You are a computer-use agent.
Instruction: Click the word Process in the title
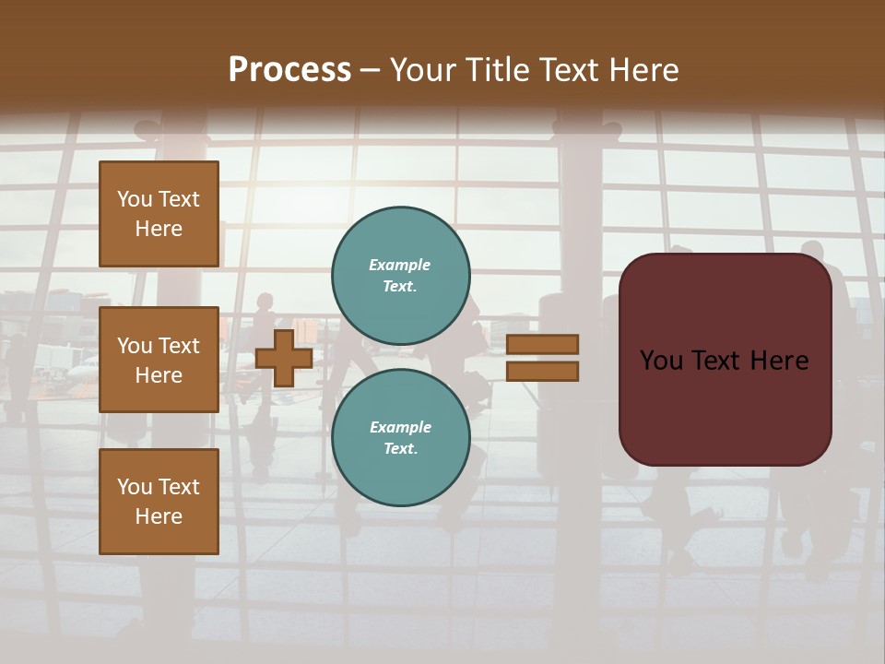pyautogui.click(x=289, y=70)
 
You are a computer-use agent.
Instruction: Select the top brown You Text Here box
pyautogui.click(x=159, y=214)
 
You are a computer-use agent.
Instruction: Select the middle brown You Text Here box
pyautogui.click(x=159, y=360)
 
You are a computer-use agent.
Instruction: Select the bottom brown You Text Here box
pyautogui.click(x=159, y=502)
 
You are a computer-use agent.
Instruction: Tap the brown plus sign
pyautogui.click(x=284, y=358)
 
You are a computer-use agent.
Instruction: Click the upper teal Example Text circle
pyautogui.click(x=400, y=276)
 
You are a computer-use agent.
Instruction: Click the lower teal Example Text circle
pyautogui.click(x=400, y=438)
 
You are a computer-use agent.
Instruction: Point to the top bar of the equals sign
pyautogui.click(x=542, y=344)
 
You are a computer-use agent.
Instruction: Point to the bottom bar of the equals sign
pyautogui.click(x=542, y=372)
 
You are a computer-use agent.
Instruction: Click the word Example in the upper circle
pyautogui.click(x=399, y=266)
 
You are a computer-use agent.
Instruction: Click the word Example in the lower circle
pyautogui.click(x=400, y=428)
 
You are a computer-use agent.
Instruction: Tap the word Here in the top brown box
pyautogui.click(x=159, y=229)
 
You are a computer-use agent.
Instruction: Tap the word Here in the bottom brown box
pyautogui.click(x=159, y=516)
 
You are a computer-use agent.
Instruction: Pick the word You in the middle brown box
pyautogui.click(x=135, y=346)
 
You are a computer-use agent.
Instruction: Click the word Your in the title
pyautogui.click(x=425, y=70)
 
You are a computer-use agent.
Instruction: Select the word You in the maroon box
pyautogui.click(x=661, y=361)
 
